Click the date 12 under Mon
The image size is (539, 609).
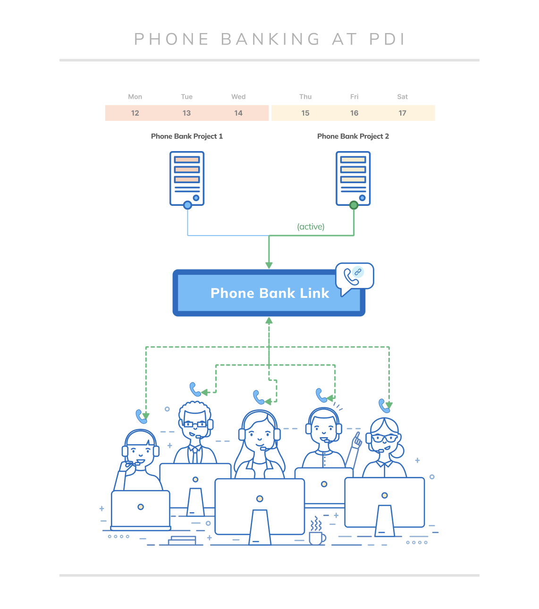pyautogui.click(x=135, y=113)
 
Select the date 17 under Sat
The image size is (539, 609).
pyautogui.click(x=402, y=113)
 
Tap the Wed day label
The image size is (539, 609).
pyautogui.click(x=238, y=97)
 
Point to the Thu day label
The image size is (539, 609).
pyautogui.click(x=305, y=97)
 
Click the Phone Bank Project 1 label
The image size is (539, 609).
pyautogui.click(x=187, y=136)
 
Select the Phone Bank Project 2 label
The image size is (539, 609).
pyautogui.click(x=353, y=136)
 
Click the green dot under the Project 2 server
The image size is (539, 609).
pyautogui.click(x=354, y=205)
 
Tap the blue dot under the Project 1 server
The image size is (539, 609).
pyautogui.click(x=187, y=205)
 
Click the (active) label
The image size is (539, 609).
pyautogui.click(x=311, y=227)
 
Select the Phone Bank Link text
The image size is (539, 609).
pyautogui.click(x=269, y=293)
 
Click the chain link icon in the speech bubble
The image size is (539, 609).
pyautogui.click(x=358, y=272)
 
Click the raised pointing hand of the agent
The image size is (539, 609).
pyautogui.click(x=357, y=440)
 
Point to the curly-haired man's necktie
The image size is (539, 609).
pyautogui.click(x=195, y=455)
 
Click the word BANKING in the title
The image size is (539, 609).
pyautogui.click(x=270, y=39)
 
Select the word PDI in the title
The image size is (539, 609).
pyautogui.click(x=387, y=39)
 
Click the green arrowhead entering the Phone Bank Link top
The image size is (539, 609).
pyautogui.click(x=269, y=265)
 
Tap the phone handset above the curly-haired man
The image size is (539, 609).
pyautogui.click(x=195, y=389)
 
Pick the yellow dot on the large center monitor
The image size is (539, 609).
pyautogui.click(x=260, y=499)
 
